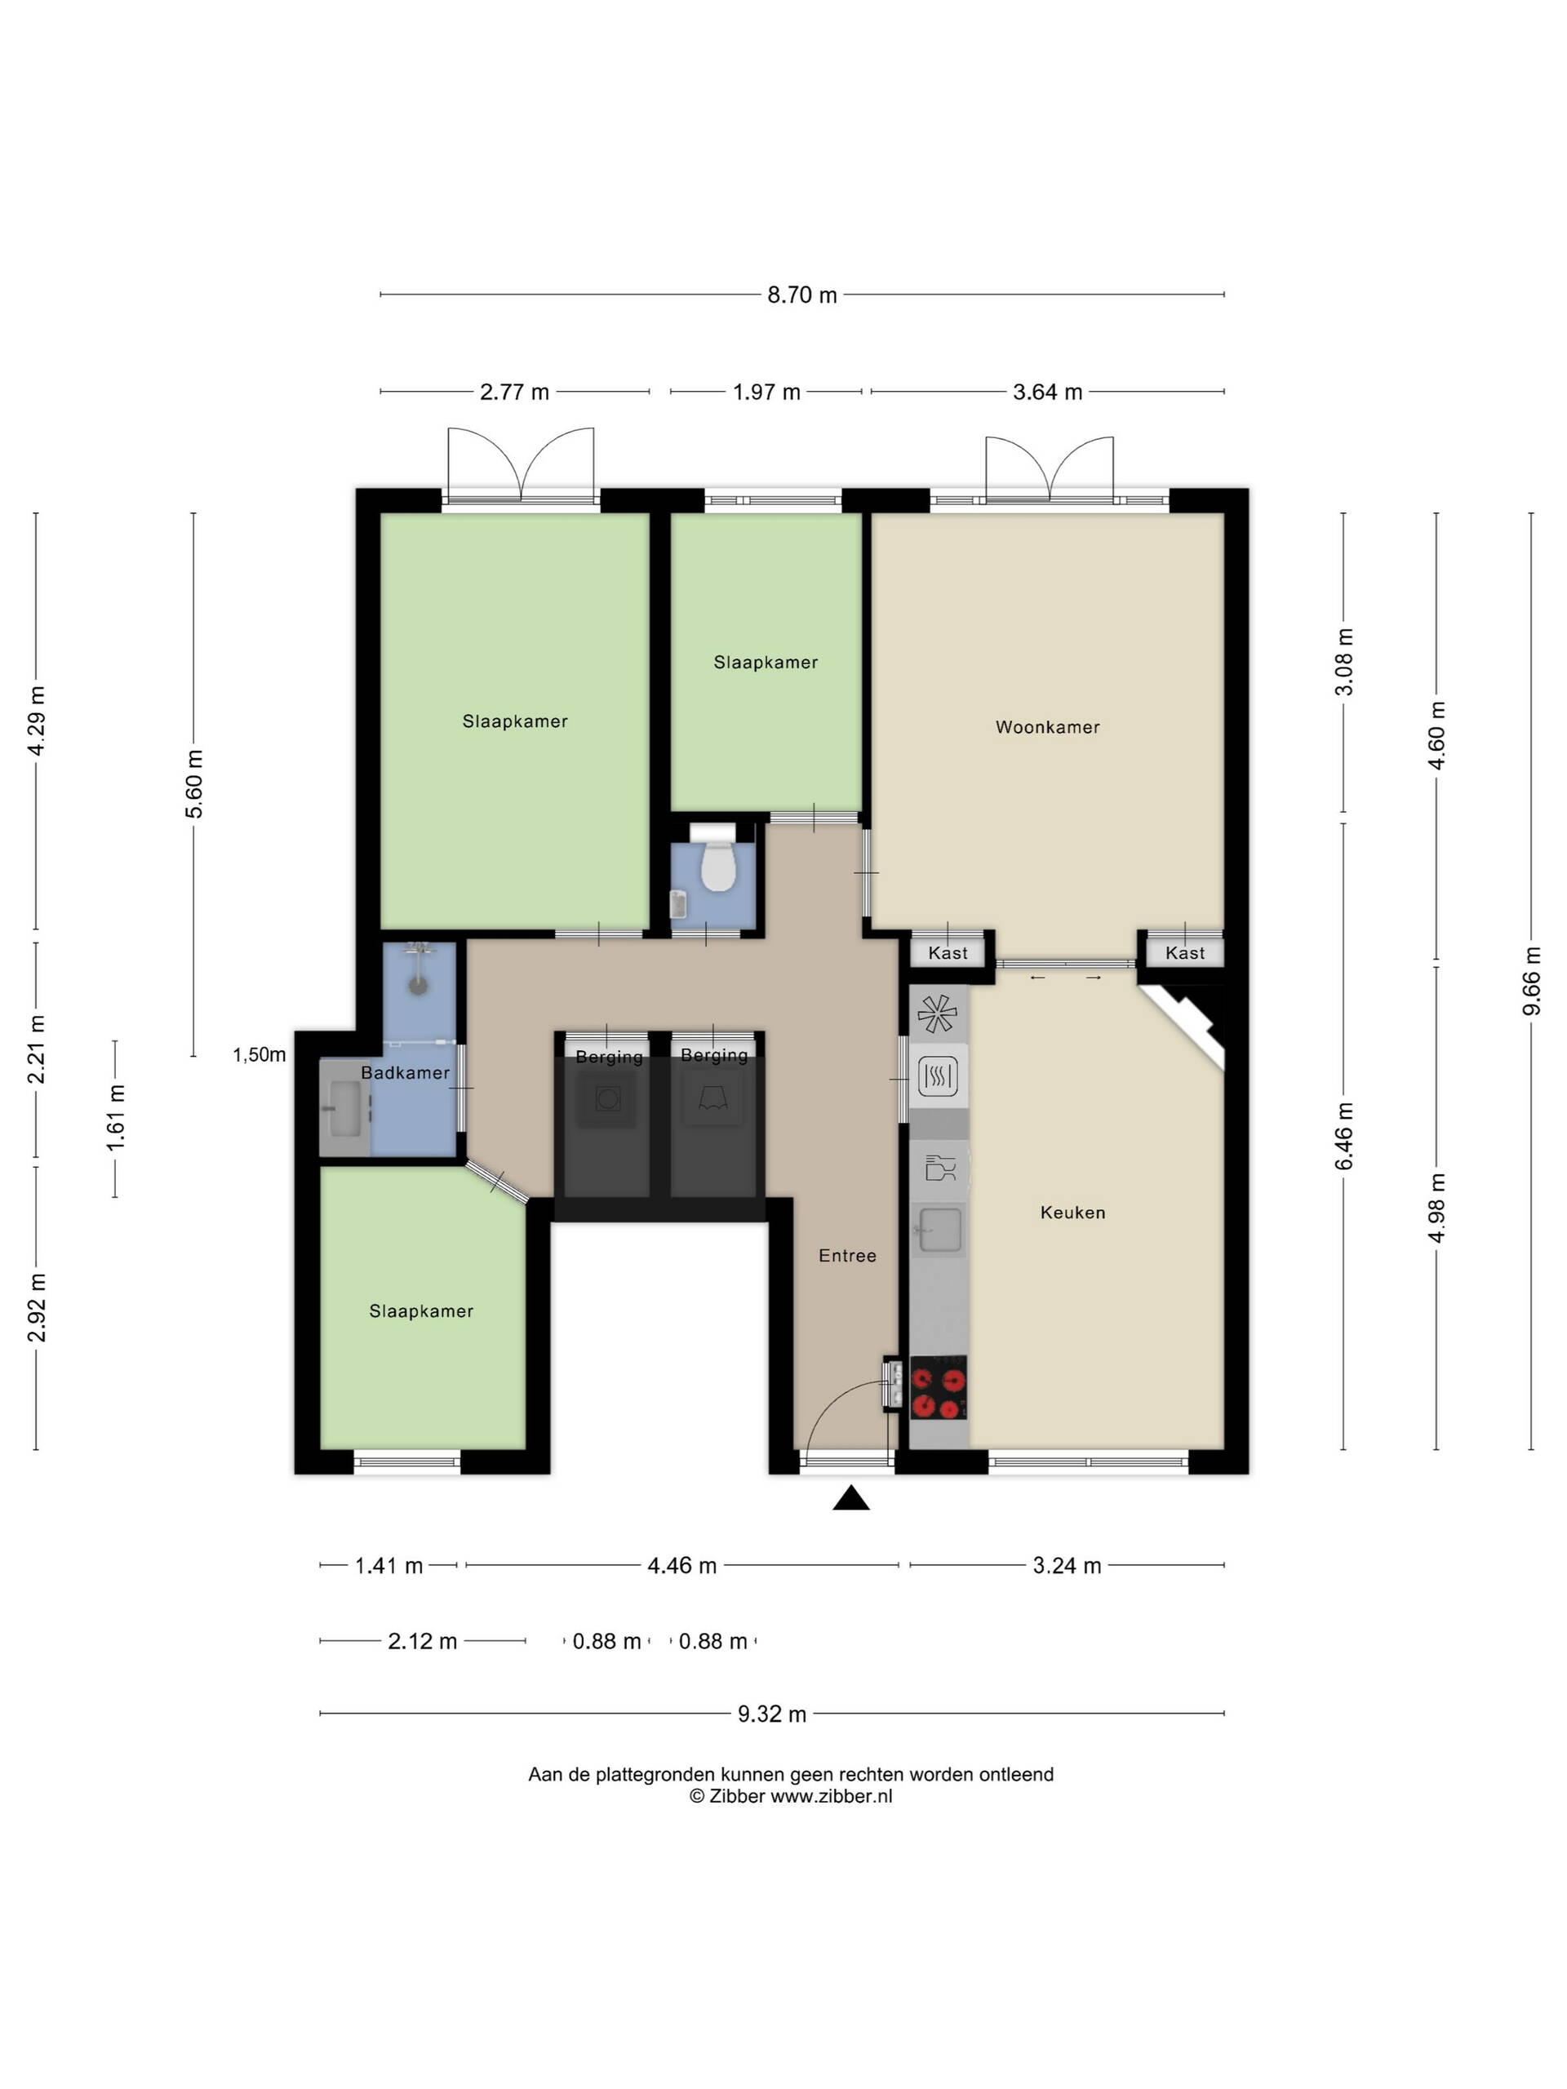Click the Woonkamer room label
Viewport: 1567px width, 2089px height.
point(1047,727)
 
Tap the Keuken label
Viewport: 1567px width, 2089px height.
point(1072,1213)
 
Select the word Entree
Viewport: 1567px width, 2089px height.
point(847,1256)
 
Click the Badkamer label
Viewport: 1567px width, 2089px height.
point(405,1073)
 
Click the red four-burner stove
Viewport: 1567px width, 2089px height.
point(938,1387)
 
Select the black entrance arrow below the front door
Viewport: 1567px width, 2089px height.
point(850,1499)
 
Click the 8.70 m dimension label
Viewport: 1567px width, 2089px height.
point(802,295)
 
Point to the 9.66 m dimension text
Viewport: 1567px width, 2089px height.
point(1531,981)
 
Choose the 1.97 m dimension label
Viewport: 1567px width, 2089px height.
point(766,392)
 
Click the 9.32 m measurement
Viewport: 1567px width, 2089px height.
point(772,1714)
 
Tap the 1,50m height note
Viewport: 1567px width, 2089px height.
point(260,1055)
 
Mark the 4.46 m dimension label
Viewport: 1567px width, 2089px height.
point(682,1566)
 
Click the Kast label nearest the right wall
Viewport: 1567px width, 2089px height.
point(1184,953)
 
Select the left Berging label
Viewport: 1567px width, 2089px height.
point(609,1057)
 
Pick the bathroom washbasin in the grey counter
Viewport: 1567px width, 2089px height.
point(344,1109)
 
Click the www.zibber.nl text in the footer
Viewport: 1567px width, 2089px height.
point(831,1796)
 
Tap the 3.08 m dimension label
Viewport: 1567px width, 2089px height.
point(1343,661)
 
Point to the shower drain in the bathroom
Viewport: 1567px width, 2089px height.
point(418,985)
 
